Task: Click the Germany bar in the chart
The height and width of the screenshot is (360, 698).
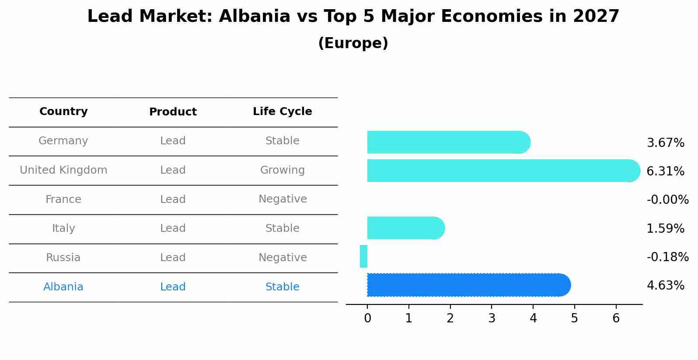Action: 449,142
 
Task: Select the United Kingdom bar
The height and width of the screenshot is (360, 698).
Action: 503,171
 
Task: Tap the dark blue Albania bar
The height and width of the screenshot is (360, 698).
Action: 469,285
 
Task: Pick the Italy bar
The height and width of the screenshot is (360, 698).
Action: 406,228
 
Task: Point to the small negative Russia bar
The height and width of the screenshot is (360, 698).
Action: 363,256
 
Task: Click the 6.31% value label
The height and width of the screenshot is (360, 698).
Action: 665,171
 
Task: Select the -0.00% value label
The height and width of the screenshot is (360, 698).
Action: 668,199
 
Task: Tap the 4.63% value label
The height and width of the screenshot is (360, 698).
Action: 665,285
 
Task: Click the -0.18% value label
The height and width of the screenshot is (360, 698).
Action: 668,257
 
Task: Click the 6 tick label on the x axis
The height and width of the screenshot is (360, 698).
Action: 616,318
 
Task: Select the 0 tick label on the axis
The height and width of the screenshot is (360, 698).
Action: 368,318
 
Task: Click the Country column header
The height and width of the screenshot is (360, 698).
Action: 63,111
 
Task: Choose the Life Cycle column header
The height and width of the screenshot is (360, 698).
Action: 283,111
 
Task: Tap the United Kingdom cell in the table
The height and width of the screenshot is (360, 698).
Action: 63,170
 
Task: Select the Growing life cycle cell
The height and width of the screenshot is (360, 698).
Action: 283,170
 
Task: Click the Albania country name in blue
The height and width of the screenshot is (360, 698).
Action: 63,287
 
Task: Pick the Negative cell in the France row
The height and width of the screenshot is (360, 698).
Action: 283,199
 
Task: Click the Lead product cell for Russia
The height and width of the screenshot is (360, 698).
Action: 173,257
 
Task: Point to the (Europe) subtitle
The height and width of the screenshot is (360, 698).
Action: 353,43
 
